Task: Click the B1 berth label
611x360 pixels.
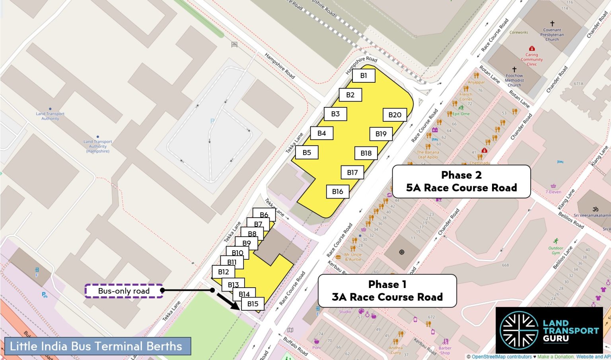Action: pos(364,76)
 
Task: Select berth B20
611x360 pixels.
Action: pos(395,115)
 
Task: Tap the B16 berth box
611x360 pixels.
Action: pos(337,192)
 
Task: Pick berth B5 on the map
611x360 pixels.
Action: pos(307,152)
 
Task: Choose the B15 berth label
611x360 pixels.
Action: pos(253,304)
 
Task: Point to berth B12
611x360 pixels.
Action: pos(223,272)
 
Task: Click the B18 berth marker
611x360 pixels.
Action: pos(366,153)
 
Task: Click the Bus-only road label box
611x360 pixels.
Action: pos(124,291)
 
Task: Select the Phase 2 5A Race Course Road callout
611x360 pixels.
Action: pos(461,181)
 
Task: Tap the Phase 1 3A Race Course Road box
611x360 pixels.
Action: pos(387,291)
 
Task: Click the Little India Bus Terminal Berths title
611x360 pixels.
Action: pos(96,346)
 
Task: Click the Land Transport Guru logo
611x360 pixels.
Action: pos(549,330)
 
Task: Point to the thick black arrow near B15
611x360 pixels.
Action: pos(228,301)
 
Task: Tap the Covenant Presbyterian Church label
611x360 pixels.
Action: pos(552,35)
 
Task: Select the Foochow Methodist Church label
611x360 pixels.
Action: pos(514,80)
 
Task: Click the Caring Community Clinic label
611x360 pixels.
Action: pos(531,59)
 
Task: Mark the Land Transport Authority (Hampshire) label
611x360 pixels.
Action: pos(98,146)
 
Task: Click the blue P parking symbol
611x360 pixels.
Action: pos(212,121)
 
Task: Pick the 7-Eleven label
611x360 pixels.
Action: pos(553,192)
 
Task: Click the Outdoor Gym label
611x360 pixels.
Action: pos(556,250)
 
